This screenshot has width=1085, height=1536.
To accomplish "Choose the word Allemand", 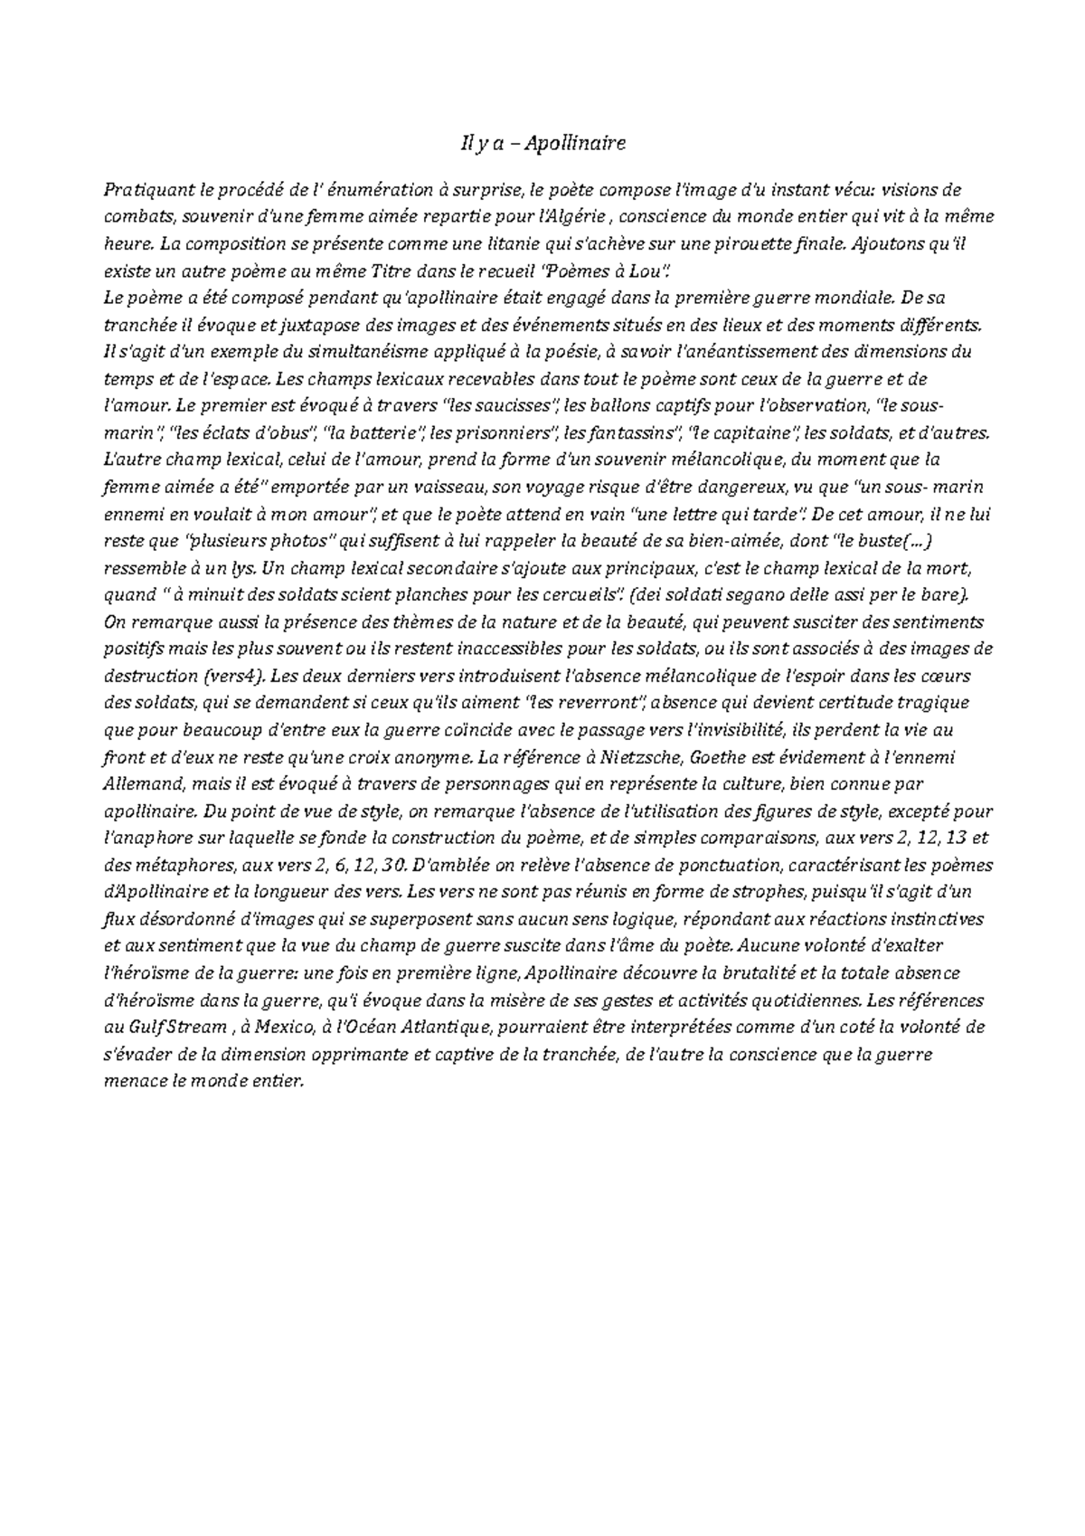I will point(140,783).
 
